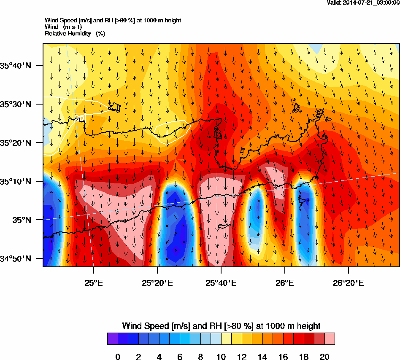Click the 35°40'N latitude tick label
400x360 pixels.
(x=16, y=65)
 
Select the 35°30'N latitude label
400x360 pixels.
(x=16, y=104)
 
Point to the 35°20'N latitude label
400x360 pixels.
(x=16, y=143)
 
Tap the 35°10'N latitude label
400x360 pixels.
(x=16, y=182)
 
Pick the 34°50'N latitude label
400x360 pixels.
(x=16, y=259)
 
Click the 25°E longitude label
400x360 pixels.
(x=94, y=283)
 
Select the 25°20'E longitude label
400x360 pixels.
(x=157, y=283)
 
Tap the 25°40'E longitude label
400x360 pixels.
(x=221, y=283)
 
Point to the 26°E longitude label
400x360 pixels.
(x=285, y=283)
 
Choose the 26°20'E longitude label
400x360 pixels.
(x=348, y=283)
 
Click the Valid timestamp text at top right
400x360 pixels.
(x=363, y=3)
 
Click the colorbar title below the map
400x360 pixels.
(x=221, y=326)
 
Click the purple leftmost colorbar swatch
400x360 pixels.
(x=113, y=339)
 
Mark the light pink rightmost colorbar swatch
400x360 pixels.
(x=330, y=339)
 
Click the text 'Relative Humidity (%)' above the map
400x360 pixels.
(x=75, y=33)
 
